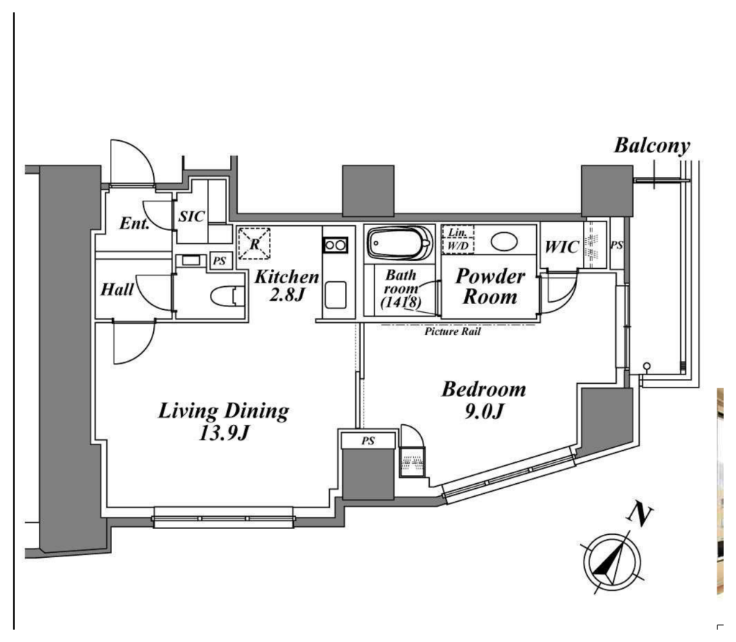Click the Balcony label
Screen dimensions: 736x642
click(652, 146)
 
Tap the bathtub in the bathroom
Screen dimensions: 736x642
click(400, 243)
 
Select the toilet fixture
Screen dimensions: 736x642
click(228, 296)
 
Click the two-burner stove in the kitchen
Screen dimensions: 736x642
click(335, 245)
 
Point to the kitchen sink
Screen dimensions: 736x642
click(335, 295)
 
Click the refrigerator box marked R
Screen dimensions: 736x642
click(254, 244)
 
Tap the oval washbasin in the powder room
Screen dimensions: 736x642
click(504, 242)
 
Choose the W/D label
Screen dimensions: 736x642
click(458, 246)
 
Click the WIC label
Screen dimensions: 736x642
click(561, 247)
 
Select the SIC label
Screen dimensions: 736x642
click(191, 216)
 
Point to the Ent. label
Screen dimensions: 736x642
click(134, 223)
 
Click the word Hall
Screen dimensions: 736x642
click(117, 289)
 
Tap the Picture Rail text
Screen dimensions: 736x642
click(453, 331)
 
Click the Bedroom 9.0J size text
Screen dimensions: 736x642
click(484, 411)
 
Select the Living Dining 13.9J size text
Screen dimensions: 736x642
click(224, 433)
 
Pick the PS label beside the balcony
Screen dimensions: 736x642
click(617, 244)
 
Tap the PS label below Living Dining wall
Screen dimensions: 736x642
click(368, 441)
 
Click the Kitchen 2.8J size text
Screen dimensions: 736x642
click(287, 295)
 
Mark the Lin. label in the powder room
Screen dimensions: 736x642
click(458, 232)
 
